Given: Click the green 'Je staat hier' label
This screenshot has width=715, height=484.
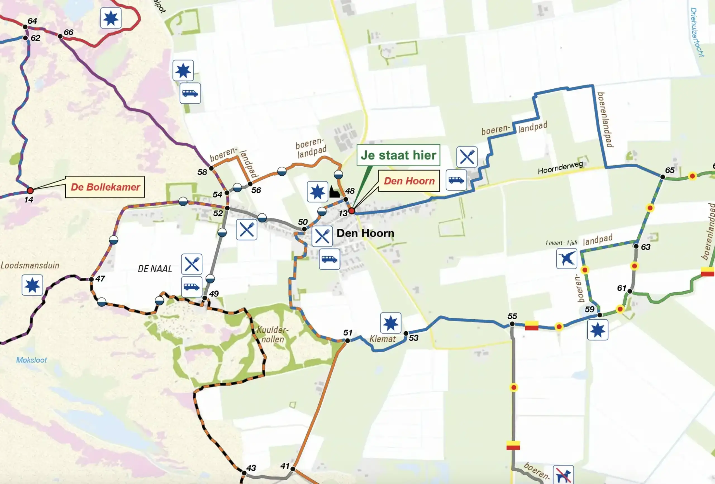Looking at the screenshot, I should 399,155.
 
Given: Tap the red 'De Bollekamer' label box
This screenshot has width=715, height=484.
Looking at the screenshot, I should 105,187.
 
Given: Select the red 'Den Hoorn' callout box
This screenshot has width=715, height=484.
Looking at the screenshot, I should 409,181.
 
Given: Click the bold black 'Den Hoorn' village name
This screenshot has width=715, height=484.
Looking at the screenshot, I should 365,233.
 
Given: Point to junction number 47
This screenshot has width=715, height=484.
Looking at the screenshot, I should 91,279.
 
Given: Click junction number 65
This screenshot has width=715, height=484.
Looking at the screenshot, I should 663,177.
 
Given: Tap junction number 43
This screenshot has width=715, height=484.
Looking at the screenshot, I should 244,473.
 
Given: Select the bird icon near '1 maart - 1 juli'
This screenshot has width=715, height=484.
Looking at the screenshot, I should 566,258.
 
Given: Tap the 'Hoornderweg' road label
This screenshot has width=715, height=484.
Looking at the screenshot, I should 560,167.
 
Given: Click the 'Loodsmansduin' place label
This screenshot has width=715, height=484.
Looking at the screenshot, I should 30,265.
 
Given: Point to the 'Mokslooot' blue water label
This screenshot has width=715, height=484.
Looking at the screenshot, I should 31,360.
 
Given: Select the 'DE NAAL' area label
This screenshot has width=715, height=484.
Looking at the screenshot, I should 155,269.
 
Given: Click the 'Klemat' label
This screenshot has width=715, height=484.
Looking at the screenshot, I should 382,339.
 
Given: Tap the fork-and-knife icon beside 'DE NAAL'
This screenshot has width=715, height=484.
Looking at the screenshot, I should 192,264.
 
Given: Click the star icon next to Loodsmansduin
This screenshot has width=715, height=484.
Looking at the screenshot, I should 32,285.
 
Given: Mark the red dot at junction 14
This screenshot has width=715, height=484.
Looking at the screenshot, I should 30,190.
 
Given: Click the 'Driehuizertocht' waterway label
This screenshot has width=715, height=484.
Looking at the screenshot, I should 697,32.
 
